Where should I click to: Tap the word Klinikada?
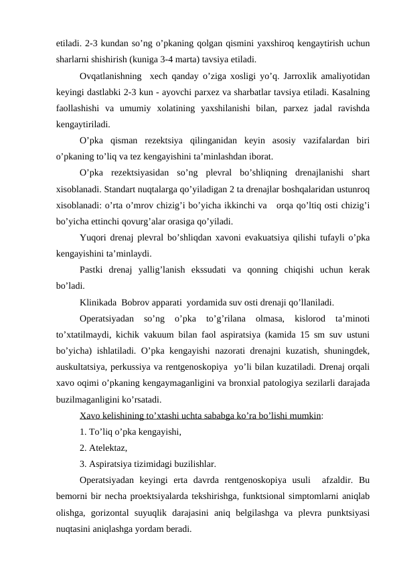point(100,301)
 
